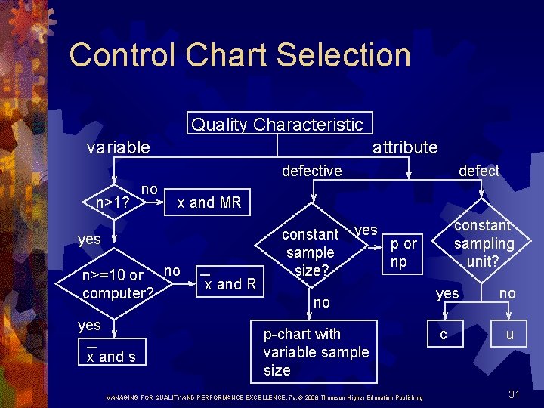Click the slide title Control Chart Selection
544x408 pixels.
pyautogui.click(x=240, y=56)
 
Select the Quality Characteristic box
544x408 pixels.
pyautogui.click(x=277, y=124)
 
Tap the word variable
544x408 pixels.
pyautogui.click(x=118, y=147)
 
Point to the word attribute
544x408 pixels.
pyautogui.click(x=405, y=147)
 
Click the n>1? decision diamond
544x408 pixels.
pyautogui.click(x=111, y=202)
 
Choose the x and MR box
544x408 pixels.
pyautogui.click(x=208, y=202)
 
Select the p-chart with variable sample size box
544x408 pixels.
pyautogui.click(x=315, y=352)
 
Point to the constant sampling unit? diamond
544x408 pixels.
pyautogui.click(x=484, y=243)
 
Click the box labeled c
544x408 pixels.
pyautogui.click(x=444, y=334)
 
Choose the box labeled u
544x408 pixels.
pyautogui.click(x=509, y=334)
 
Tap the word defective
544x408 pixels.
pyautogui.click(x=311, y=171)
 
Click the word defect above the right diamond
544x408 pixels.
pyautogui.click(x=479, y=171)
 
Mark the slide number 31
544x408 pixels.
pyautogui.click(x=515, y=394)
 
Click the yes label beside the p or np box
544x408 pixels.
pyautogui.click(x=366, y=229)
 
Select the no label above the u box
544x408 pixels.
pyautogui.click(x=508, y=292)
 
